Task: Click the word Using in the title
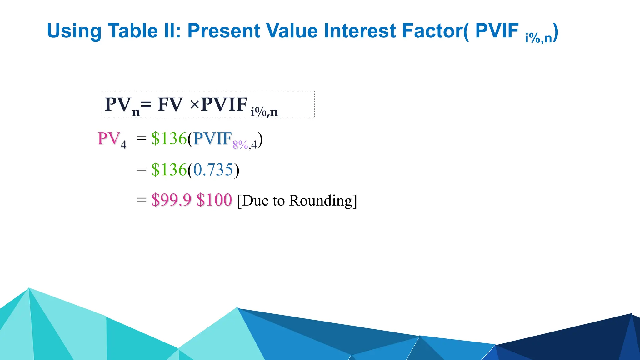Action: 74,31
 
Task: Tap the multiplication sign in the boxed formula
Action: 194,104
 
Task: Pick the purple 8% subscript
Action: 240,145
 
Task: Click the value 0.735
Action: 213,170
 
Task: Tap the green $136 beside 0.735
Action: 169,170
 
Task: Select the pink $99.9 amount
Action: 171,200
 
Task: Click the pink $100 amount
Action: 214,200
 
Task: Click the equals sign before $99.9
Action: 142,199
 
